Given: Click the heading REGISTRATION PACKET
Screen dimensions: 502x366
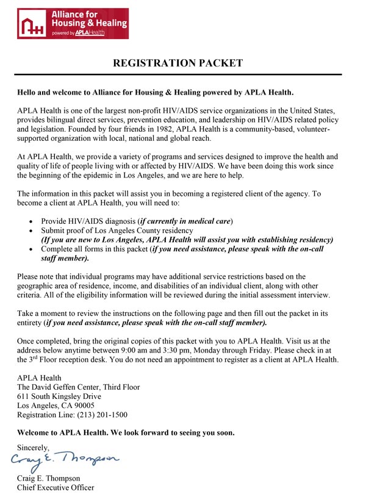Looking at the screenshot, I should (178, 63).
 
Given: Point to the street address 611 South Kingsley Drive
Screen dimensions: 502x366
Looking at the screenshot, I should (59, 396).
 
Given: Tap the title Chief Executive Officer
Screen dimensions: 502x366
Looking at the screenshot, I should (56, 487).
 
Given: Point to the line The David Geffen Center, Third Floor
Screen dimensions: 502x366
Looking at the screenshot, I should (78, 387).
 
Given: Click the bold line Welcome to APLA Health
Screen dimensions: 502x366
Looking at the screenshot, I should (126, 432).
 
